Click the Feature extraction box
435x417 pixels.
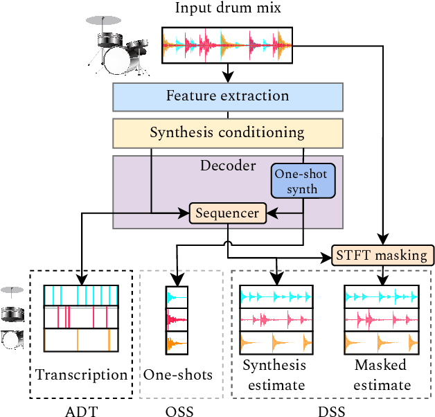[x=227, y=96]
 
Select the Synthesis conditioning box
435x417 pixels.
[x=227, y=132]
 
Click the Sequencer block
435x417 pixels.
[x=228, y=214]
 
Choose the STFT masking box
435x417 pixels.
[x=382, y=256]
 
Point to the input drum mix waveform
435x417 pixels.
[x=227, y=46]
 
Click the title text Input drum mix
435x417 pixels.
[x=227, y=10]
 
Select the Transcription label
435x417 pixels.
[x=82, y=375]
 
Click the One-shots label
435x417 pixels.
[x=178, y=375]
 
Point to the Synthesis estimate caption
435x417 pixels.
[x=274, y=375]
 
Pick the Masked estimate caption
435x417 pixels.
[x=380, y=375]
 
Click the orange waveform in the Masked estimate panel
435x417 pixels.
[x=380, y=342]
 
